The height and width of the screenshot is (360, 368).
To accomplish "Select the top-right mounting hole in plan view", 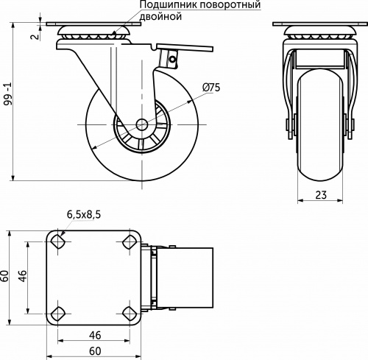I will point(131,241).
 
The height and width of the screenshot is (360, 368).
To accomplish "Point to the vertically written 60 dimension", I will point(6,276).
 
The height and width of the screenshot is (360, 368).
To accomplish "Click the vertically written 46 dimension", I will point(23,276).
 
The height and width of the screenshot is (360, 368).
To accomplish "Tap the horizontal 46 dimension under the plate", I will point(94,335).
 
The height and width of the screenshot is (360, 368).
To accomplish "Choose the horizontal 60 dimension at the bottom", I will point(94,352).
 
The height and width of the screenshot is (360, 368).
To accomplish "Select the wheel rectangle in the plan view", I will point(187,276).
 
